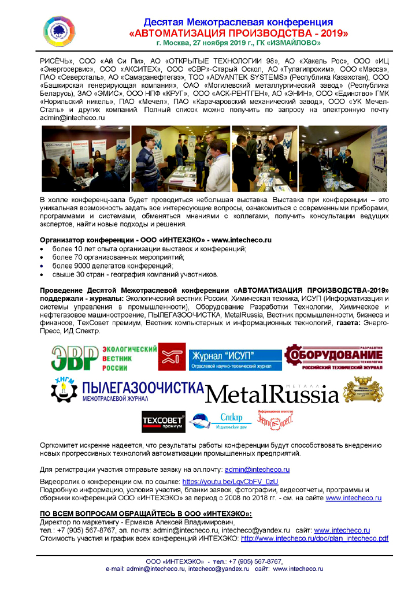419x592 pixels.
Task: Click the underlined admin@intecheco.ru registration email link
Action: tap(257, 470)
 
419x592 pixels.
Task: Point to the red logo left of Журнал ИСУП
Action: tap(172, 356)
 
